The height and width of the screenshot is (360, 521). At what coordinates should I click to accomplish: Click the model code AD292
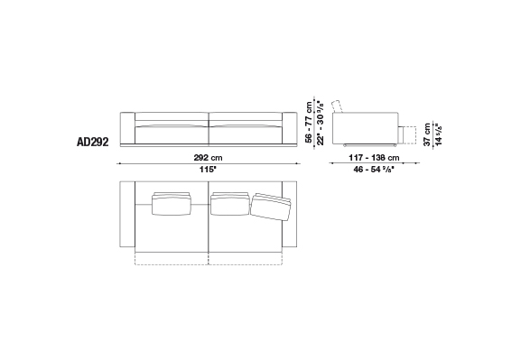93,142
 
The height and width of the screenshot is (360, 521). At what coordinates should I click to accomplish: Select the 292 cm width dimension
209,157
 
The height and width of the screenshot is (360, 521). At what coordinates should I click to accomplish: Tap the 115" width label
208,170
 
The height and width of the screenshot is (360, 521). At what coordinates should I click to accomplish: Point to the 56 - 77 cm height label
309,122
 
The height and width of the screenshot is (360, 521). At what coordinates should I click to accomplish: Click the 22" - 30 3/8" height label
321,122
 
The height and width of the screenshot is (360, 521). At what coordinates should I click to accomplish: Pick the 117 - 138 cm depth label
374,157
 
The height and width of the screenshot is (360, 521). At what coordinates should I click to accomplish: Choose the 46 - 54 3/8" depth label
374,170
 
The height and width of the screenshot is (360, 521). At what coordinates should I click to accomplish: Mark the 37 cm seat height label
427,134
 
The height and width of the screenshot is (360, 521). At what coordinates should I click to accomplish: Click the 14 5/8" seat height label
439,134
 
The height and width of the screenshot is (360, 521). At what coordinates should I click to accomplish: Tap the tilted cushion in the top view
271,208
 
